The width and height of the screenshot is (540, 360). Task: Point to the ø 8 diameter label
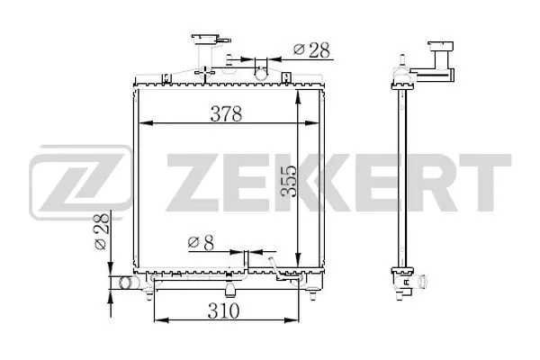coord(201,241)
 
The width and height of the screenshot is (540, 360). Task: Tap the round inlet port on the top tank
coord(262,66)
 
